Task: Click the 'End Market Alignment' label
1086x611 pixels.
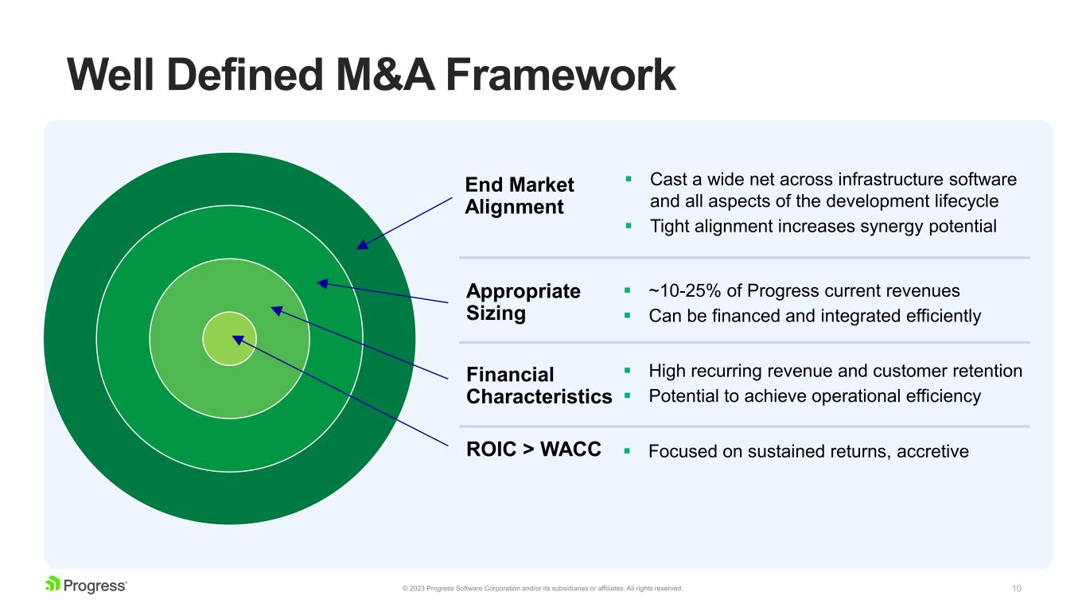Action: pos(519,196)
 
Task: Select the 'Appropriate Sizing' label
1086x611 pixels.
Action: pos(523,302)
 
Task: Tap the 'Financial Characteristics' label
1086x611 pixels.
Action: pos(539,385)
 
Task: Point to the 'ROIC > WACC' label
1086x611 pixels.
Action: pos(533,450)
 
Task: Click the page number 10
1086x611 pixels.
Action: pos(1016,589)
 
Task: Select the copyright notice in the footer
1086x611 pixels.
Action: pos(543,589)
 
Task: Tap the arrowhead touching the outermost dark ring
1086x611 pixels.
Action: pos(362,244)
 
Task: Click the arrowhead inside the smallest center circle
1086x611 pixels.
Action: pos(237,340)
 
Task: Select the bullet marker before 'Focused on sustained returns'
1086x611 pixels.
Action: pos(627,451)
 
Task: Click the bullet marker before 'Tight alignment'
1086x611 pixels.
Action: pos(628,226)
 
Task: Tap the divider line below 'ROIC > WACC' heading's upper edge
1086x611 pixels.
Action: pos(744,426)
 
